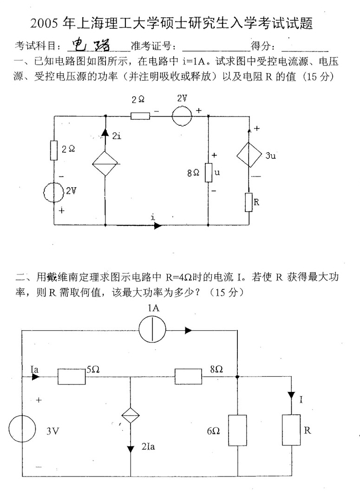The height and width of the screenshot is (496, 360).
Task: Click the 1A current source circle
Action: coord(152,331)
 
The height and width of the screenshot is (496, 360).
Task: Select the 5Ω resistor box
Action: coord(72,376)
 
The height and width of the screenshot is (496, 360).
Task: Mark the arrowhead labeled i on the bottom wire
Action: coord(157,225)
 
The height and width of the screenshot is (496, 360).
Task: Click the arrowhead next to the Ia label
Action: coord(35,376)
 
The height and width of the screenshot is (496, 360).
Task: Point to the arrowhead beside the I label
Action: coord(291,395)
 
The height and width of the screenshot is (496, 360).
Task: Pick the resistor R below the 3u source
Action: coord(250,201)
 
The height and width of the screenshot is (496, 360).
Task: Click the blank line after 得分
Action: coord(305,48)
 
